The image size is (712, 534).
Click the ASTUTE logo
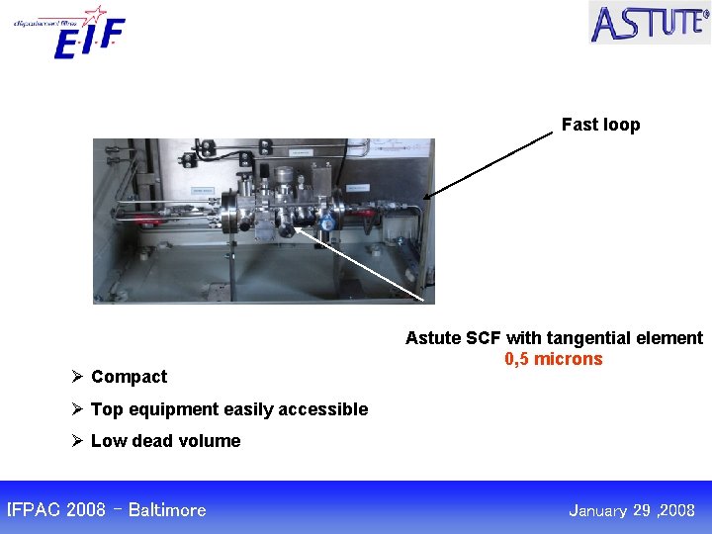(x=649, y=22)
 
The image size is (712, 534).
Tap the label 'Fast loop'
(x=600, y=125)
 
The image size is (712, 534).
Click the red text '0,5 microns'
(x=553, y=359)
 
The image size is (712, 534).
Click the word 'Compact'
(x=129, y=377)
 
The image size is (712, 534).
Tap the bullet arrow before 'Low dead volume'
(x=76, y=441)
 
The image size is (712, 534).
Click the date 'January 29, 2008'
(x=632, y=510)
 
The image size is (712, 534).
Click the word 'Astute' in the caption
(x=433, y=338)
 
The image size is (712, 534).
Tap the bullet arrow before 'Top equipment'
(x=76, y=409)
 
